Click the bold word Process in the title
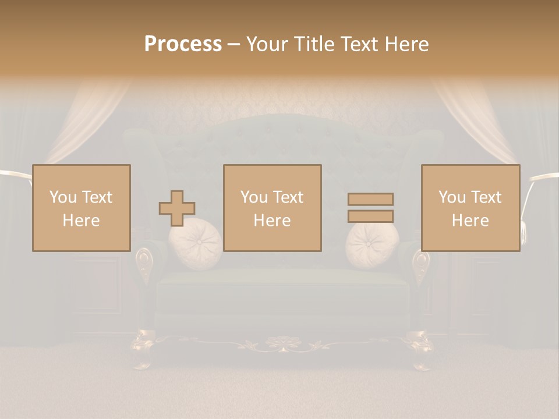pos(183,44)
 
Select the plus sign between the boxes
pos(177,208)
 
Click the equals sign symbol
pos(370,208)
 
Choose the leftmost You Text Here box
pos(81,208)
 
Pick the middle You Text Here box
pos(272,208)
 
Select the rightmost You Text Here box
pos(470,208)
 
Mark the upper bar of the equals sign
pos(370,200)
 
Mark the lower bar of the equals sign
pos(370,216)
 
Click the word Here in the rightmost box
pos(470,221)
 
